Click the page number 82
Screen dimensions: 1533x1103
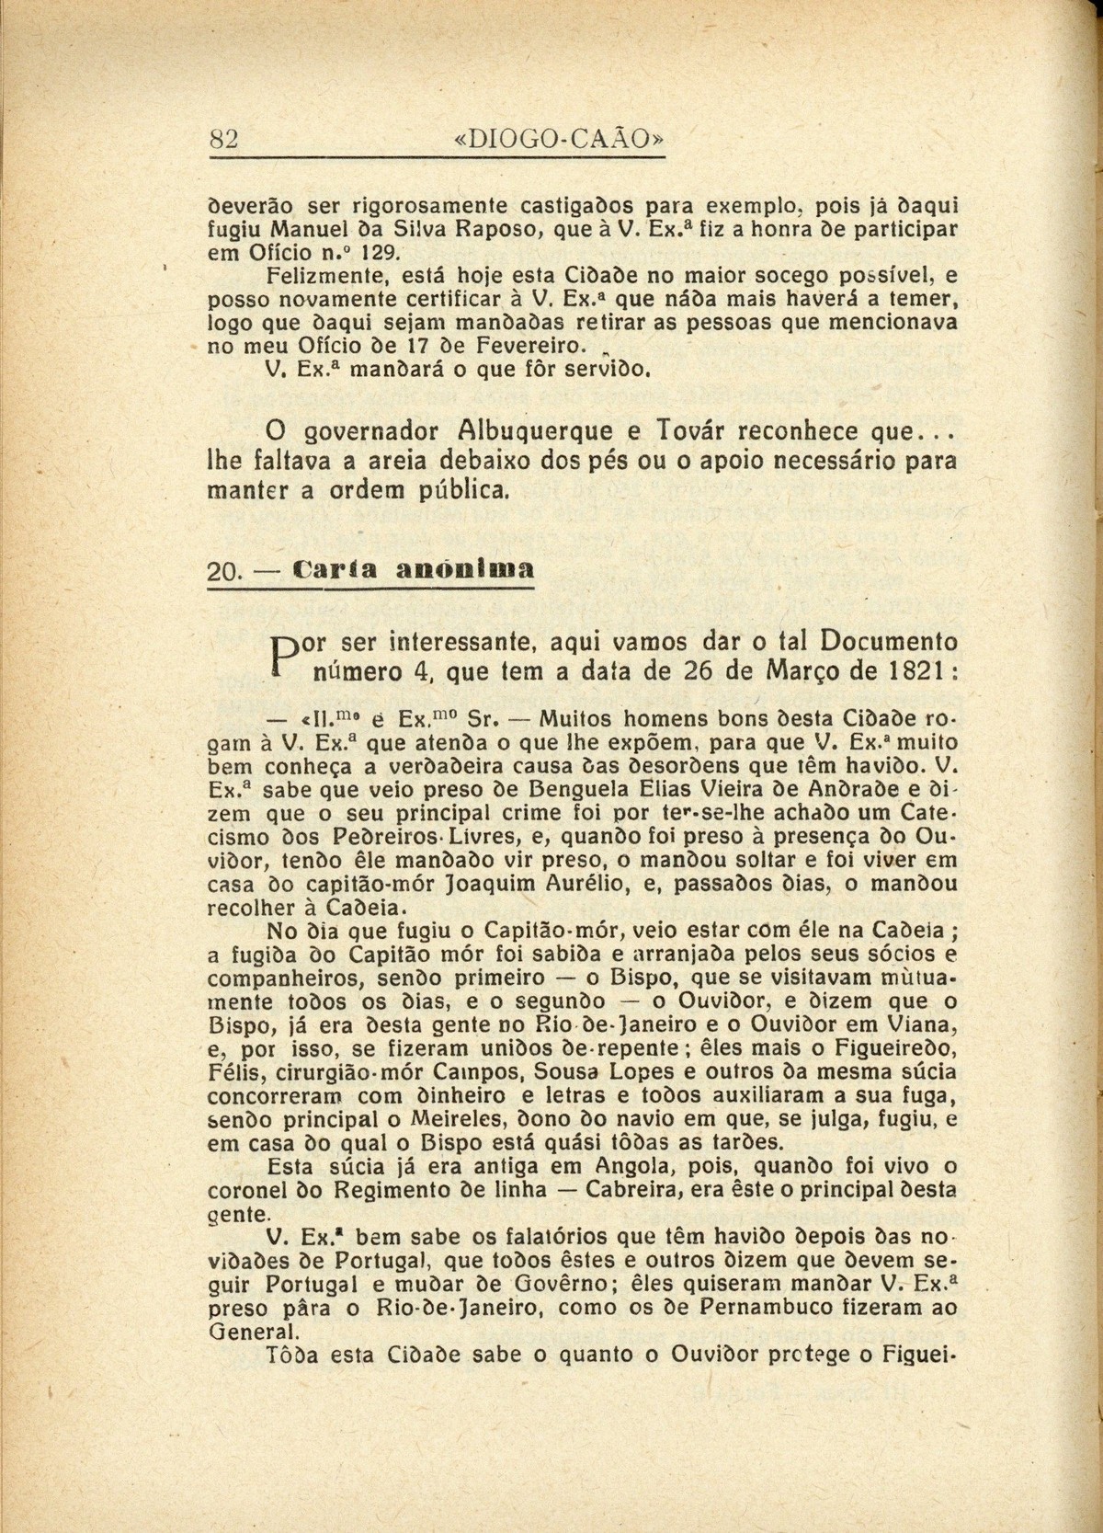[225, 139]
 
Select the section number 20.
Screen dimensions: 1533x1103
[223, 570]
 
